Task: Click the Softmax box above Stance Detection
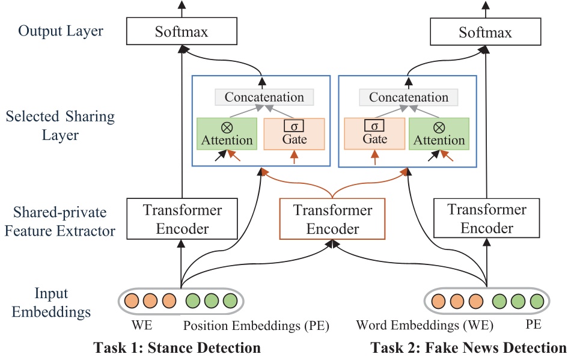pyautogui.click(x=183, y=31)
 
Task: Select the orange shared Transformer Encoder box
pyautogui.click(x=332, y=219)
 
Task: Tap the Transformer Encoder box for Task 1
pyautogui.click(x=182, y=219)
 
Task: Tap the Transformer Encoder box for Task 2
pyautogui.click(x=487, y=219)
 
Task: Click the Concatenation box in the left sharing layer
pyautogui.click(x=264, y=97)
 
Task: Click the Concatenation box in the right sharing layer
pyautogui.click(x=409, y=97)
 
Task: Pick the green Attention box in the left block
pyautogui.click(x=227, y=133)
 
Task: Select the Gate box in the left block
pyautogui.click(x=294, y=133)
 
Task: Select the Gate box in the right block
pyautogui.click(x=374, y=133)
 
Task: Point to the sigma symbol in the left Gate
pyautogui.click(x=294, y=126)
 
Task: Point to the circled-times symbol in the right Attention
pyautogui.click(x=439, y=127)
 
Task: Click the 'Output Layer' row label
pyautogui.click(x=61, y=31)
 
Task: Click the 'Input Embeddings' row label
pyautogui.click(x=51, y=303)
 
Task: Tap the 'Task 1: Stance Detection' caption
pyautogui.click(x=177, y=347)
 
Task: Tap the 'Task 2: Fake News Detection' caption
pyautogui.click(x=468, y=347)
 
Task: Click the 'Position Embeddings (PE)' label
pyautogui.click(x=256, y=326)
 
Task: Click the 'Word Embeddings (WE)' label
pyautogui.click(x=424, y=326)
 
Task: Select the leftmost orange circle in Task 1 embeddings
pyautogui.click(x=132, y=300)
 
